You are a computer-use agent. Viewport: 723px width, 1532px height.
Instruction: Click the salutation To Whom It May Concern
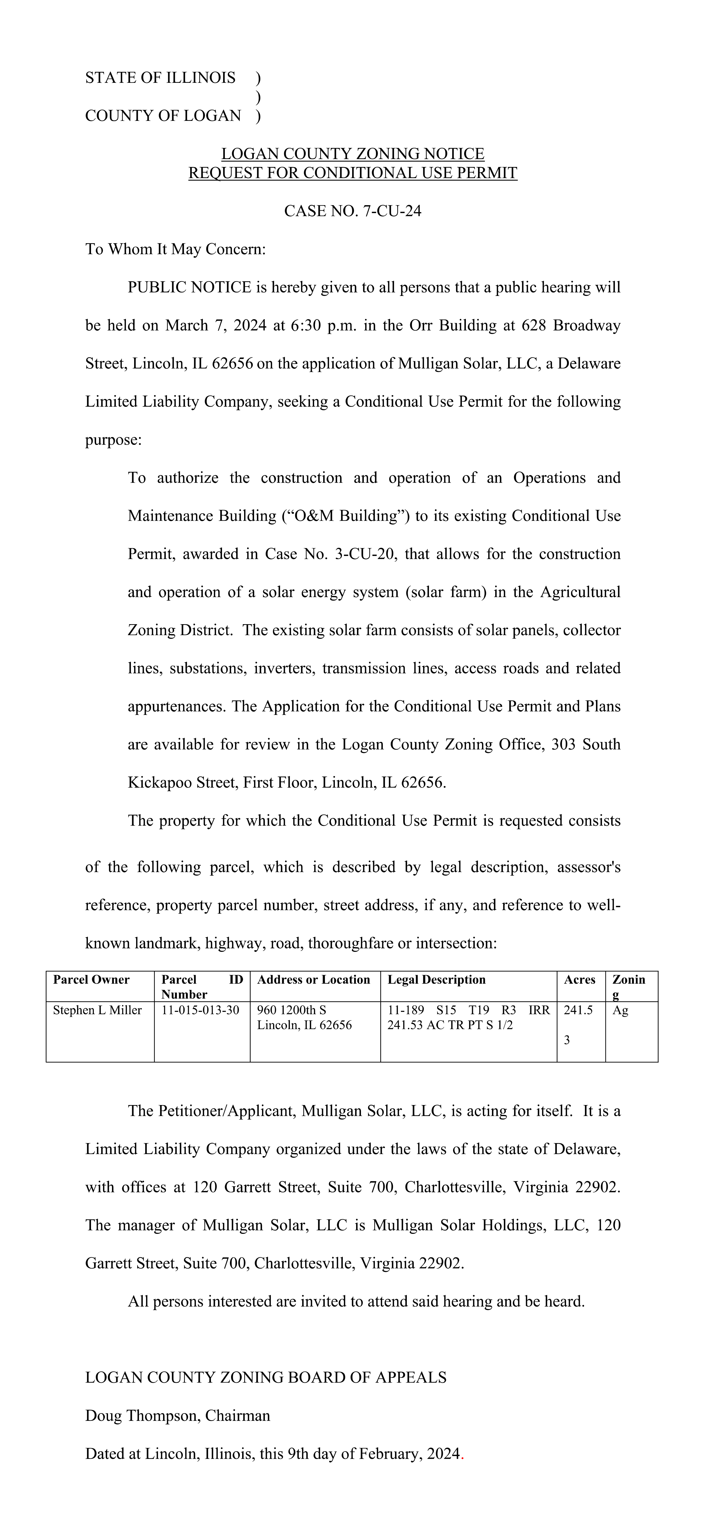click(x=176, y=249)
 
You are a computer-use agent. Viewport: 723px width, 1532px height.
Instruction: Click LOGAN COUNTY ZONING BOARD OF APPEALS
click(x=266, y=1378)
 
